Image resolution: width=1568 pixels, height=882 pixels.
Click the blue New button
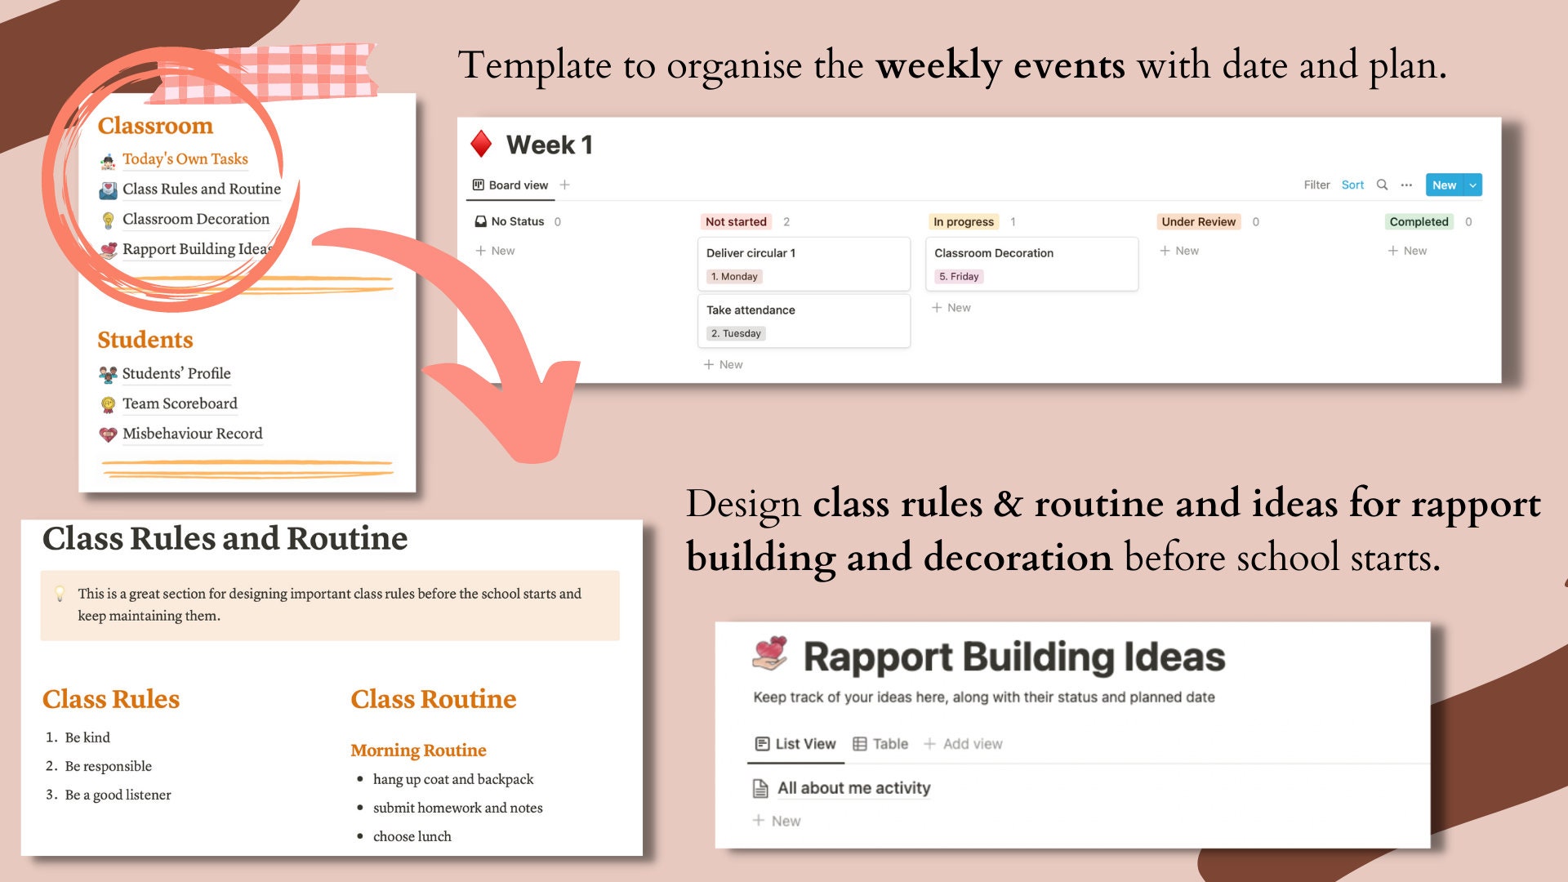(x=1444, y=185)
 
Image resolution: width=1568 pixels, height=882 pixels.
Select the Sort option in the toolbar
(x=1352, y=185)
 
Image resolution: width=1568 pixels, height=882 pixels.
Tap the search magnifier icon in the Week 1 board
(x=1382, y=185)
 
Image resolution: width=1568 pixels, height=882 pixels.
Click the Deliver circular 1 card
(x=804, y=254)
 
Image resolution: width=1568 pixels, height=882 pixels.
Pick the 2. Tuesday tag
(x=736, y=334)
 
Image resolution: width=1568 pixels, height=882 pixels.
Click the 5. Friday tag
(x=959, y=277)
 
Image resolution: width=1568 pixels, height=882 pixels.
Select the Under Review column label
(x=1198, y=222)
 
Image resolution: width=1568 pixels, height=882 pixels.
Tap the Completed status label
(x=1419, y=222)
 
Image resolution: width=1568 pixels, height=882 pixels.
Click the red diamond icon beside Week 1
(x=481, y=145)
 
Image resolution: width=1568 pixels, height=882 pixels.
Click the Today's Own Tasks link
(x=185, y=159)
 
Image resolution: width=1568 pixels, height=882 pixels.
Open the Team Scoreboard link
(x=180, y=403)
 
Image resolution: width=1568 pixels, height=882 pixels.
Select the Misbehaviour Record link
(x=192, y=434)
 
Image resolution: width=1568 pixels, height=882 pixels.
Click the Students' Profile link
(x=176, y=373)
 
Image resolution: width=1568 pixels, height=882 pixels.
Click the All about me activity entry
(x=853, y=788)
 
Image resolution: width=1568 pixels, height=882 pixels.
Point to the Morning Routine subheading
(x=418, y=751)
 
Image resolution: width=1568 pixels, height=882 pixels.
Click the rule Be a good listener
(x=118, y=795)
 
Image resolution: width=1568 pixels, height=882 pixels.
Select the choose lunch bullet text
(x=412, y=836)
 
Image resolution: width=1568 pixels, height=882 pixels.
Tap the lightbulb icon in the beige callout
(x=60, y=594)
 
